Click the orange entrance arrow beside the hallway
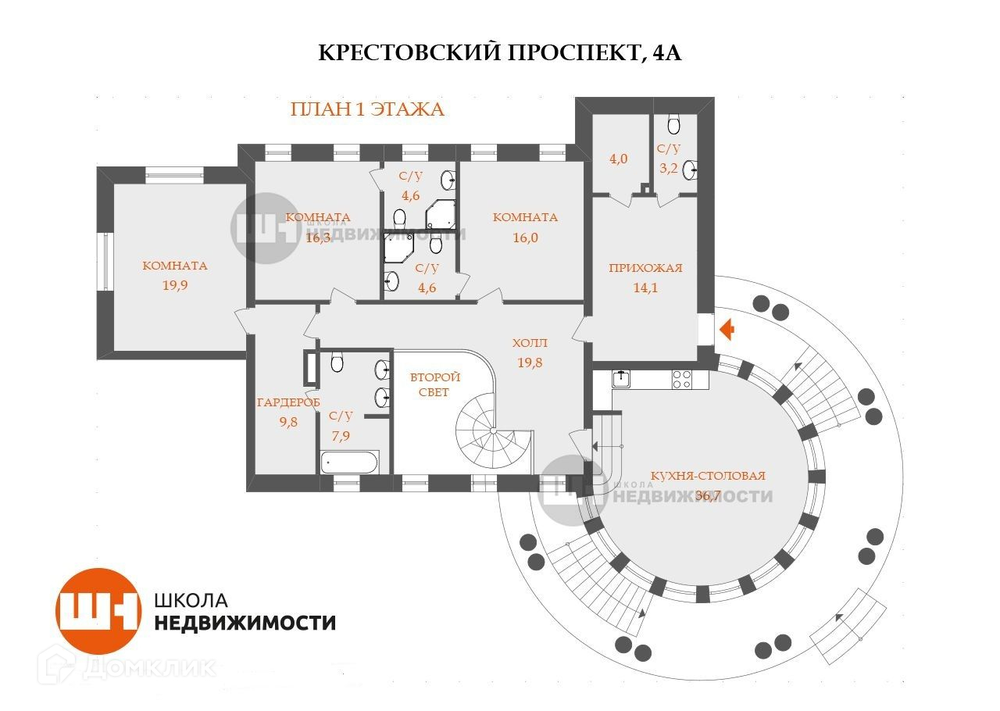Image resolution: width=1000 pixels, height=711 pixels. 727,330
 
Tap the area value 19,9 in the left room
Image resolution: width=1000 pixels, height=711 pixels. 175,285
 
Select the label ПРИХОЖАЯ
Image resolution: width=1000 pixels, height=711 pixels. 645,268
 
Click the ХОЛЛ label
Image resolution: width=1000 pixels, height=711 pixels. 530,343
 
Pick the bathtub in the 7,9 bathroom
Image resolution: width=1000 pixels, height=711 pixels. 349,462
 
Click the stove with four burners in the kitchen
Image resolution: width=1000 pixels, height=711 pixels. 682,379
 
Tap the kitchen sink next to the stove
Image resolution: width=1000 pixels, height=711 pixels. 622,379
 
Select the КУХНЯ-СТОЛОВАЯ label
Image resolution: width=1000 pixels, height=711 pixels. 708,475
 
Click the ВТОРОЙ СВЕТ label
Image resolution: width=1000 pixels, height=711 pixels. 435,384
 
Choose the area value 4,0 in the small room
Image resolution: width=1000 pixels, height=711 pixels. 619,159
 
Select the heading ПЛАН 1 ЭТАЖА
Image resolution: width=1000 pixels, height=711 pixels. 366,109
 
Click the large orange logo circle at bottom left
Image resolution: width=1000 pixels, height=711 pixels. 98,611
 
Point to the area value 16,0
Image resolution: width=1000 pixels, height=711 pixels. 525,238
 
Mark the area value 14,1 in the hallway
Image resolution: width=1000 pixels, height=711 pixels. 645,287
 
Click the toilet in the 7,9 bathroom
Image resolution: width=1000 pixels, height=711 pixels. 337,363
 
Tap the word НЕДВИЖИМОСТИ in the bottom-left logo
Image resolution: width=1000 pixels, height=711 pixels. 245,623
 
